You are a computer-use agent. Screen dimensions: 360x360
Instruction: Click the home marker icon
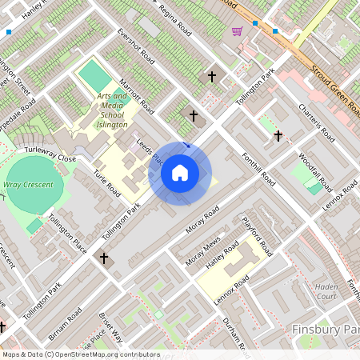pos(180,173)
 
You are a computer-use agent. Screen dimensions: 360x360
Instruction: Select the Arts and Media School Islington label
pos(113,110)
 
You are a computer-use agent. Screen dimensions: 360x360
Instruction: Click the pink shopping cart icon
pos(237,31)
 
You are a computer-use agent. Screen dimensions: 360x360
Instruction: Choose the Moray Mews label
pos(202,251)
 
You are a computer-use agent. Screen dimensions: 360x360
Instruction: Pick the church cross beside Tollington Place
pos(103,258)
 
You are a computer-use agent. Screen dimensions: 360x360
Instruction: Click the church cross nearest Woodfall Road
pos(278,136)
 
